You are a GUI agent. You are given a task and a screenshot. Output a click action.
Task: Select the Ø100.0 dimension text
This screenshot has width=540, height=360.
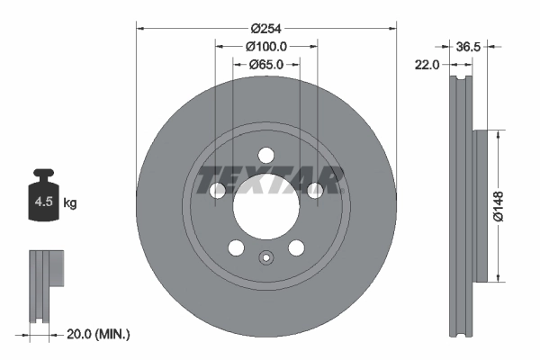click(x=265, y=46)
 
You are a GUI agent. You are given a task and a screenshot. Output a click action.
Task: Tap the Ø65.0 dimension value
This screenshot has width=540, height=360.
click(x=265, y=65)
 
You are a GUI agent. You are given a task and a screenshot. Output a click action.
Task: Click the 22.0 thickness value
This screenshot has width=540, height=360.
click(x=427, y=65)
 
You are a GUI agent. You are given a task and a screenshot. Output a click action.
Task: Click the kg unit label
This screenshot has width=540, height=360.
click(x=70, y=203)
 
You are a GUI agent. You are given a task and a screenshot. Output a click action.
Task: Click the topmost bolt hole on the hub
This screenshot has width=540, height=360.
click(x=265, y=155)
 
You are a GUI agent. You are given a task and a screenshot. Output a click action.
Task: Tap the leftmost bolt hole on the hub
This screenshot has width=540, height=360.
click(x=218, y=190)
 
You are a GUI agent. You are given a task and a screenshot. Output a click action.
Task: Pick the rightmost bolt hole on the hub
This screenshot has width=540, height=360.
click(x=314, y=190)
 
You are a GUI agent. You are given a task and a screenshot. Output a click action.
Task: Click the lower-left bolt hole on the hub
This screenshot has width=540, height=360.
click(x=236, y=247)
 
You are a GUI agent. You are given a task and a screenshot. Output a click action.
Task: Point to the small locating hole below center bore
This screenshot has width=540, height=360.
click(x=265, y=259)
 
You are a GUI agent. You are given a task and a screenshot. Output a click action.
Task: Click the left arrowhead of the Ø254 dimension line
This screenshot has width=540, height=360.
click(x=139, y=27)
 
